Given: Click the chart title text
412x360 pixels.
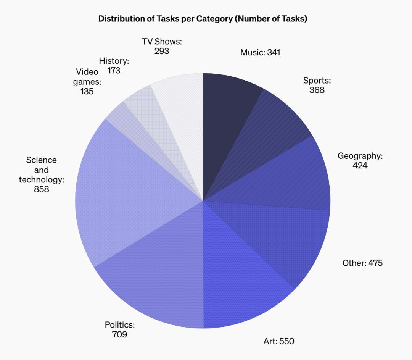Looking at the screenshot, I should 203,19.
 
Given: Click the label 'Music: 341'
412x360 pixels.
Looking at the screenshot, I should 260,52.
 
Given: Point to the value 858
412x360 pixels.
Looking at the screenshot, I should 41,189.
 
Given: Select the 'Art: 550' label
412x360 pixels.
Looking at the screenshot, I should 279,341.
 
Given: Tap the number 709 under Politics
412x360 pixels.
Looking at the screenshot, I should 119,335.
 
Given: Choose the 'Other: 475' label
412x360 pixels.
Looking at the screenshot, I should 362,263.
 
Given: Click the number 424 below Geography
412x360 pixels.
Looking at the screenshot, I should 360,166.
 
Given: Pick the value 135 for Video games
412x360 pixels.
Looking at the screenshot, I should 87,92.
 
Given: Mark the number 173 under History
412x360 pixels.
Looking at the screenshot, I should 114,71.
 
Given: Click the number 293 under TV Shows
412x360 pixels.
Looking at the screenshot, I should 162,51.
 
